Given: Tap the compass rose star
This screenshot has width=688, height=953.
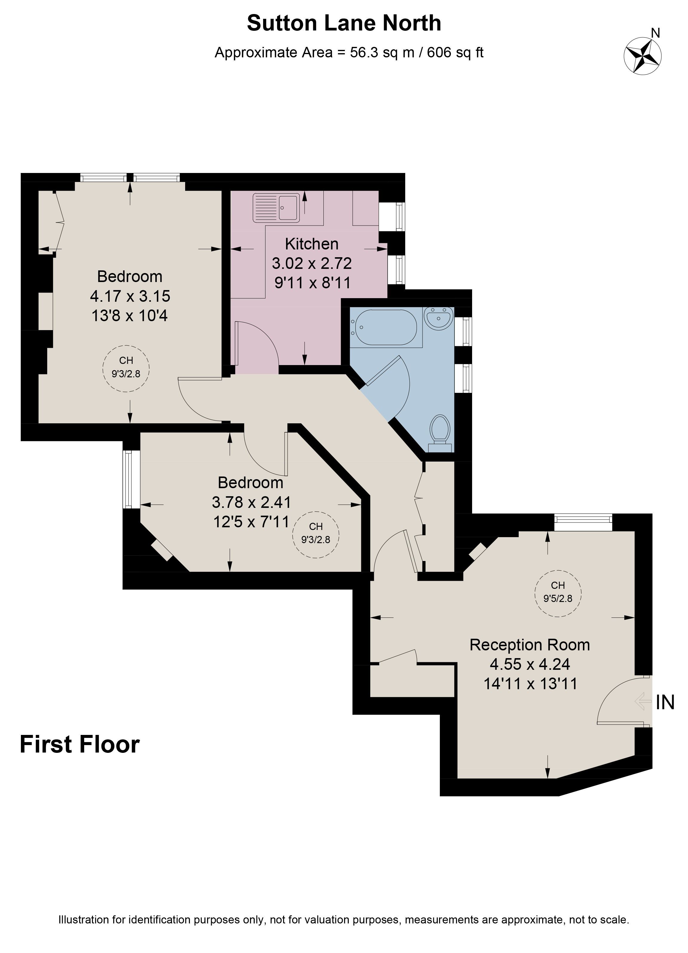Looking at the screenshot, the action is point(643,56).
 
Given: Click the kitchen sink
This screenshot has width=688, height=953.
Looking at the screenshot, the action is point(277,208).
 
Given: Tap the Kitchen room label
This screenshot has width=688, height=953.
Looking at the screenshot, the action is point(312,244).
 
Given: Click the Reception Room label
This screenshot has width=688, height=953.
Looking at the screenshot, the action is point(530,645).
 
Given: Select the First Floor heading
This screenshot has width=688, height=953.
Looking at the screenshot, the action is point(80,744).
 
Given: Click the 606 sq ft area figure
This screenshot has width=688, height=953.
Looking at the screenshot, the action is point(455,53).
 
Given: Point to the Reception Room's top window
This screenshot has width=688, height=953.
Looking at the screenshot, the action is point(583,522).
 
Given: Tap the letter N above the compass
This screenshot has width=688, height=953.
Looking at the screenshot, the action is point(655,33).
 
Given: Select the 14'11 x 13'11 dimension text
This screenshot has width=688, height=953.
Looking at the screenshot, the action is point(531,684).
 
